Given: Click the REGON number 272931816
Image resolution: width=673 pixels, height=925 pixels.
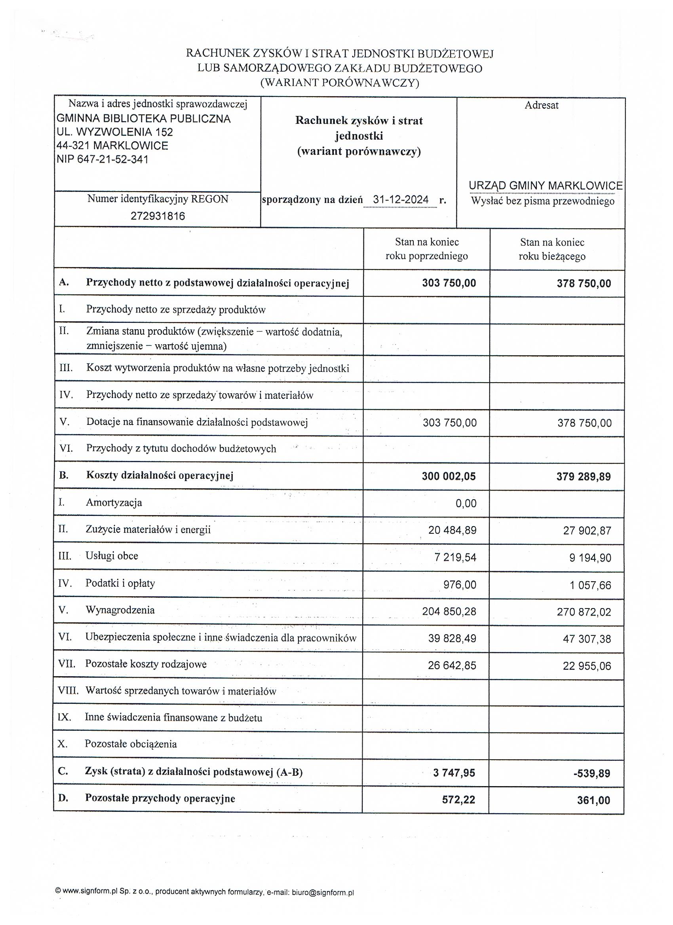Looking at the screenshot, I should (158, 216).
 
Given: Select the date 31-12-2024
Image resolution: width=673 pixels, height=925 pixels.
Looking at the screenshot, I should (400, 200).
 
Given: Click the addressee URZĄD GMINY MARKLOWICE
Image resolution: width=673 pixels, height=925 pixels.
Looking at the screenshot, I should (545, 186).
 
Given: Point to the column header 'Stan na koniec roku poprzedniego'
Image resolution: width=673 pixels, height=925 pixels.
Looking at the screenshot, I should (426, 249).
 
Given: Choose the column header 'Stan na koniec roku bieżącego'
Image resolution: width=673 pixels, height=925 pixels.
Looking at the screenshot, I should (552, 250).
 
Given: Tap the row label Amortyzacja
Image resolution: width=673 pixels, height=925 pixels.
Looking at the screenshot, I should (114, 502).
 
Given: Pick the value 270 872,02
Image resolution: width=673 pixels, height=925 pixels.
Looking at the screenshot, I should (584, 612).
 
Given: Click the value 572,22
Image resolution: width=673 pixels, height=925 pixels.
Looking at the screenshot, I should (458, 800).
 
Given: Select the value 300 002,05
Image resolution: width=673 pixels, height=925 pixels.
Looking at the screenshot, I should (449, 476).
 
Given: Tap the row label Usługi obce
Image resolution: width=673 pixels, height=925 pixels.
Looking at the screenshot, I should (112, 556).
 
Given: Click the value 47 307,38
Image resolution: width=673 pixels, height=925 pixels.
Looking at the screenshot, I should (586, 639).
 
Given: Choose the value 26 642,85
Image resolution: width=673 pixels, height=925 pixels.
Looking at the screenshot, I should (452, 665).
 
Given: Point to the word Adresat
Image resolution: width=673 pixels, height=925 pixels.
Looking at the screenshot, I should (541, 105).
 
